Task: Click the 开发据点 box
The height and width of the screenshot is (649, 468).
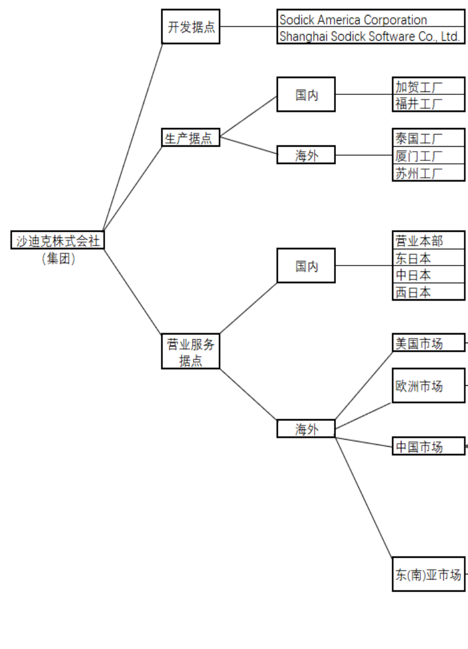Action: (190, 26)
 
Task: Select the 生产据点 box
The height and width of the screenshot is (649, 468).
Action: (190, 138)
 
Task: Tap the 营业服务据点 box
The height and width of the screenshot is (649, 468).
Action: (190, 352)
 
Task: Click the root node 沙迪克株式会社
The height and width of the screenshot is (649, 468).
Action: (57, 240)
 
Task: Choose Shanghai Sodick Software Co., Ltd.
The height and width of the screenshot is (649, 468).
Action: (370, 36)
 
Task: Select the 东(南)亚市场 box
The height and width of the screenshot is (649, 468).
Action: (428, 574)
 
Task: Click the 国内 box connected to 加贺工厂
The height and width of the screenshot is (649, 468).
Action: (305, 95)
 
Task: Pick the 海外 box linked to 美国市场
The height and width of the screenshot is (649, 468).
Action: (305, 429)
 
